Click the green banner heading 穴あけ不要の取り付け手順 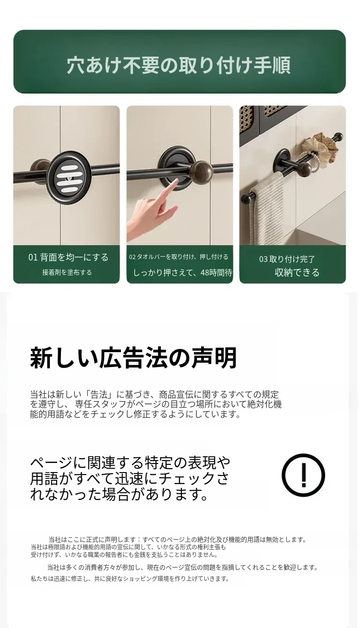point(179,65)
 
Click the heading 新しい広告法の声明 point(133,358)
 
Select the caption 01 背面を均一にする point(68,257)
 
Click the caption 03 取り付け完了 point(287,259)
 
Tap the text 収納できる point(297,272)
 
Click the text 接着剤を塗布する point(67,272)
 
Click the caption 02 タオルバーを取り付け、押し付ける point(179,257)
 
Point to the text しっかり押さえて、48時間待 point(182,272)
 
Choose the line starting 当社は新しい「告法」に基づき point(155,394)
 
